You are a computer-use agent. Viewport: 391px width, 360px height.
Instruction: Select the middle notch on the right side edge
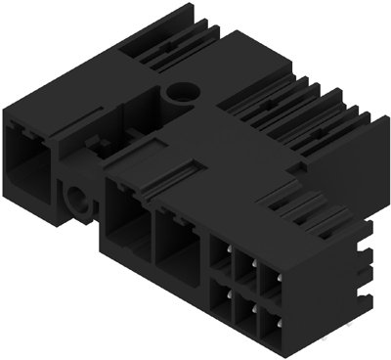(x=368, y=257)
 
